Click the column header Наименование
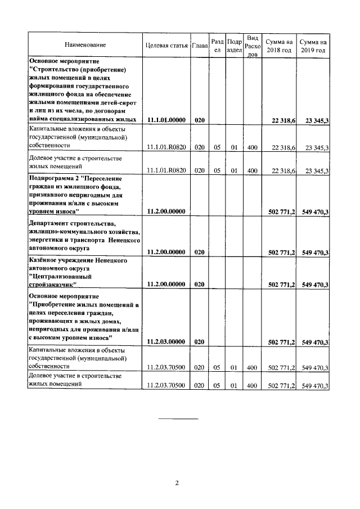85,44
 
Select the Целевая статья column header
166,44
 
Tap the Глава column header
200,44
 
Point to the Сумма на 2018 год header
281,46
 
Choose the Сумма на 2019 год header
313,46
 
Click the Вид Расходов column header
253,46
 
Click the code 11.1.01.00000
166,120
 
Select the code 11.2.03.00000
166,341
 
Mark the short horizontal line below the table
178,419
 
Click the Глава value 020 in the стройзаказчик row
200,285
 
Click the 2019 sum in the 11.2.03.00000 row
315,341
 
